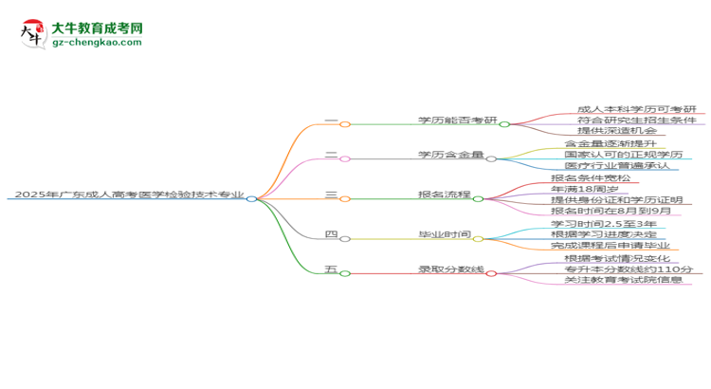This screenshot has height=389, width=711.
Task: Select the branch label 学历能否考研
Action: tap(457, 120)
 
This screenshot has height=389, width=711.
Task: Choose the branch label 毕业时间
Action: tap(445, 234)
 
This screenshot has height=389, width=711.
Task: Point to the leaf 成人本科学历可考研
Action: tap(635, 110)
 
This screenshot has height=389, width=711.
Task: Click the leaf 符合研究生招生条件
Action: tap(635, 120)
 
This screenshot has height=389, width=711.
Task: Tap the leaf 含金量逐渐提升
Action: tap(604, 143)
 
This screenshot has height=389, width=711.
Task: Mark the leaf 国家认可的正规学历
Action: tap(623, 155)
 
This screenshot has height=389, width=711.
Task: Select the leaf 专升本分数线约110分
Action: tap(629, 269)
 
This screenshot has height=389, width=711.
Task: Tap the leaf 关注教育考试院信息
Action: tap(623, 281)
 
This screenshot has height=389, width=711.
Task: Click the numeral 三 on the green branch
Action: tap(331, 194)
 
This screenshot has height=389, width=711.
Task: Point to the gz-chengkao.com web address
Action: tap(98, 44)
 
